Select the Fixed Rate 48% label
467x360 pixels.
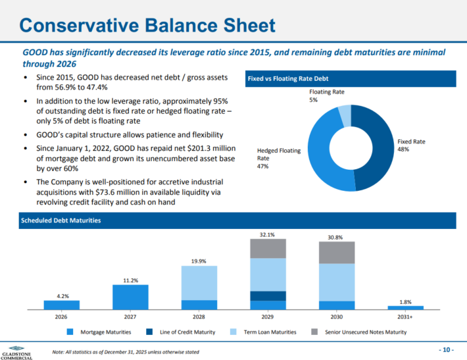(x=411, y=145)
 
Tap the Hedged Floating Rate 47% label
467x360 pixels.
(x=278, y=158)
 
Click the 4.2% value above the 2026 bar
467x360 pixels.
(x=61, y=296)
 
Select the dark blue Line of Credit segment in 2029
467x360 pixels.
(x=268, y=296)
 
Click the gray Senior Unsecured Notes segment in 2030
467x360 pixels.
(x=337, y=252)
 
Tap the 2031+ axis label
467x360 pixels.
(x=406, y=317)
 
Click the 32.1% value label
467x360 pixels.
(x=268, y=234)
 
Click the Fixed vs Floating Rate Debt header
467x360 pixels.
(x=287, y=79)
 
